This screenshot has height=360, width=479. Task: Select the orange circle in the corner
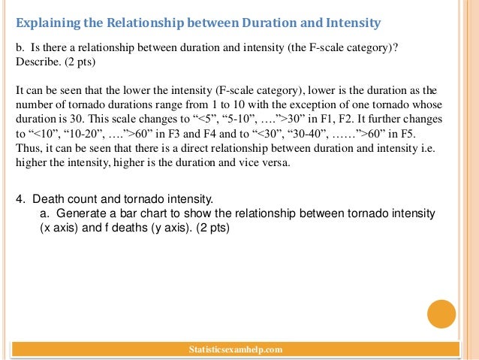pyautogui.click(x=441, y=314)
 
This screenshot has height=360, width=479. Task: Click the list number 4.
pyautogui.click(x=20, y=199)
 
